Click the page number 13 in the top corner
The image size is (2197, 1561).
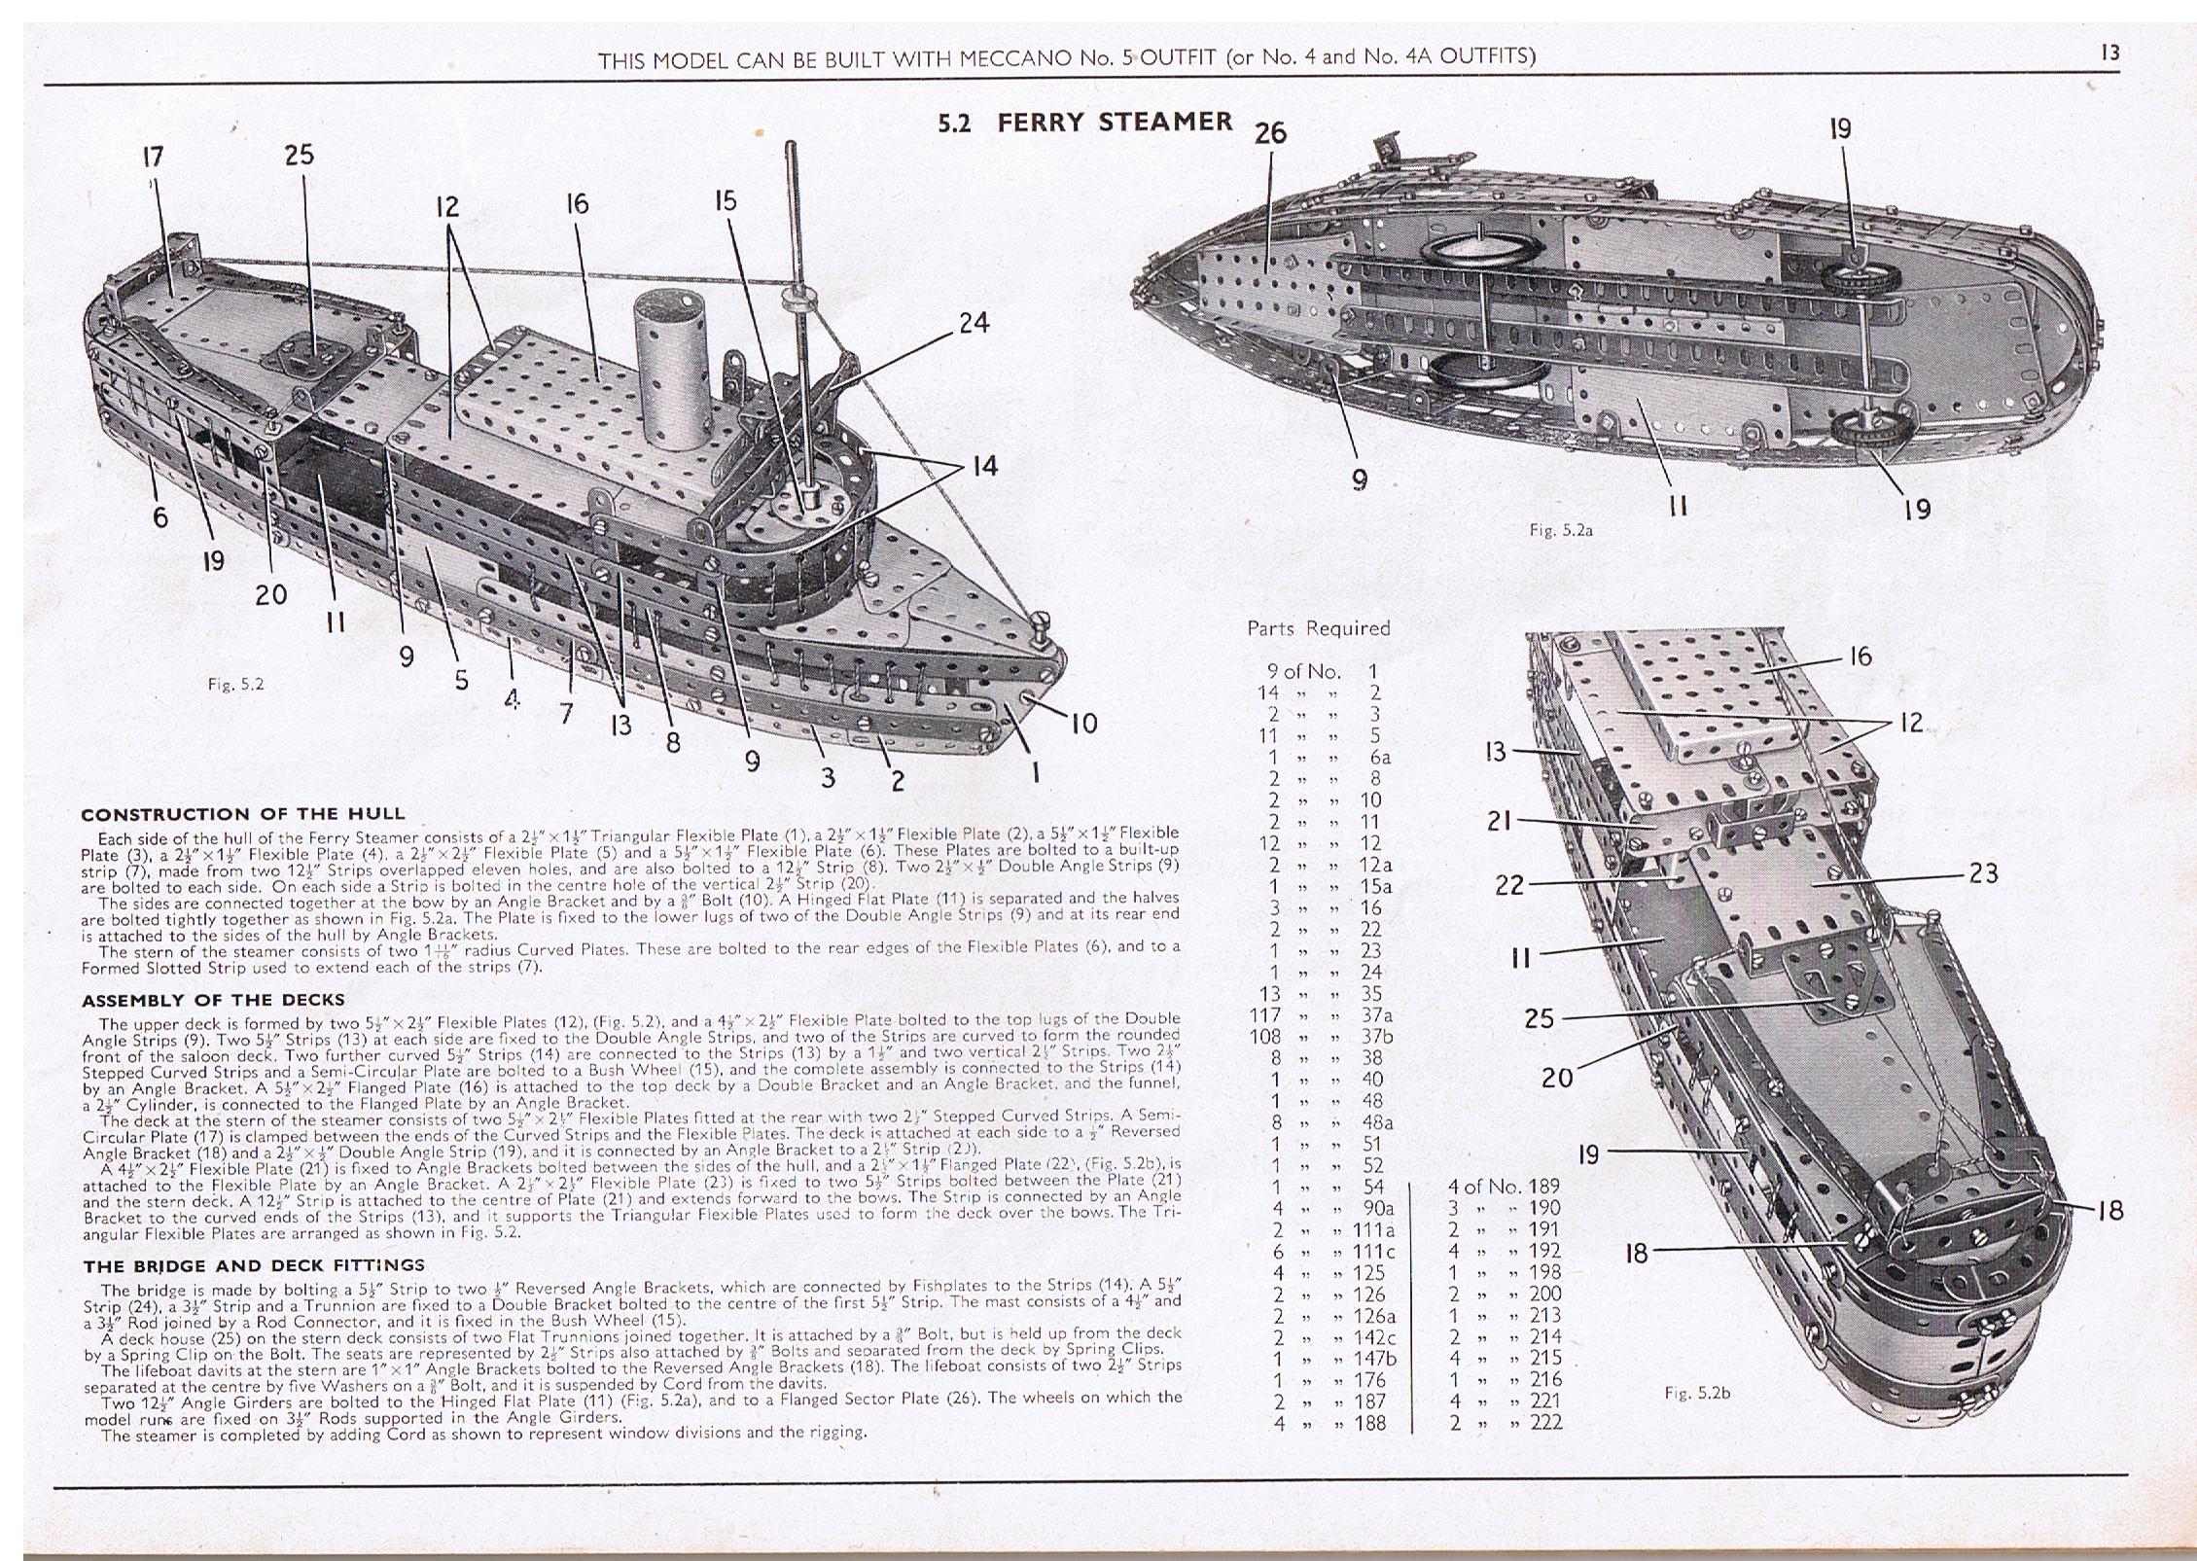click(x=2109, y=53)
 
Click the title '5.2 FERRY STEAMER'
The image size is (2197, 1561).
click(x=1084, y=123)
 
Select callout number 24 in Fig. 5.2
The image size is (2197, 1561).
click(x=974, y=323)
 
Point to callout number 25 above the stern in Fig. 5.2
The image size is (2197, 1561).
click(x=300, y=155)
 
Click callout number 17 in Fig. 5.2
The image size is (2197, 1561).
click(x=153, y=157)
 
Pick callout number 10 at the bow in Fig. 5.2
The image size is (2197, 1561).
click(x=1083, y=724)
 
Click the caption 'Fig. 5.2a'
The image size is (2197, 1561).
click(x=1559, y=531)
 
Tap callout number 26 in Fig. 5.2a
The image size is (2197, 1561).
click(x=1270, y=133)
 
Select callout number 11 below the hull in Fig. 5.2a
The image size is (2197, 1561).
click(x=1678, y=507)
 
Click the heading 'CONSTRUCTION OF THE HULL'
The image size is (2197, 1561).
click(x=242, y=814)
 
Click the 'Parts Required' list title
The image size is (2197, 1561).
click(x=1318, y=628)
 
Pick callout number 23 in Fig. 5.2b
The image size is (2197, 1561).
click(x=1983, y=873)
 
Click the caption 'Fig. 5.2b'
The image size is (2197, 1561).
click(x=1697, y=1393)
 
